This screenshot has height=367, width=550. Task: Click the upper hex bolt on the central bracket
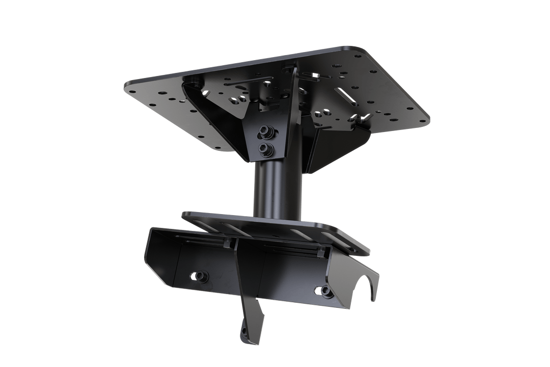(265, 132)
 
